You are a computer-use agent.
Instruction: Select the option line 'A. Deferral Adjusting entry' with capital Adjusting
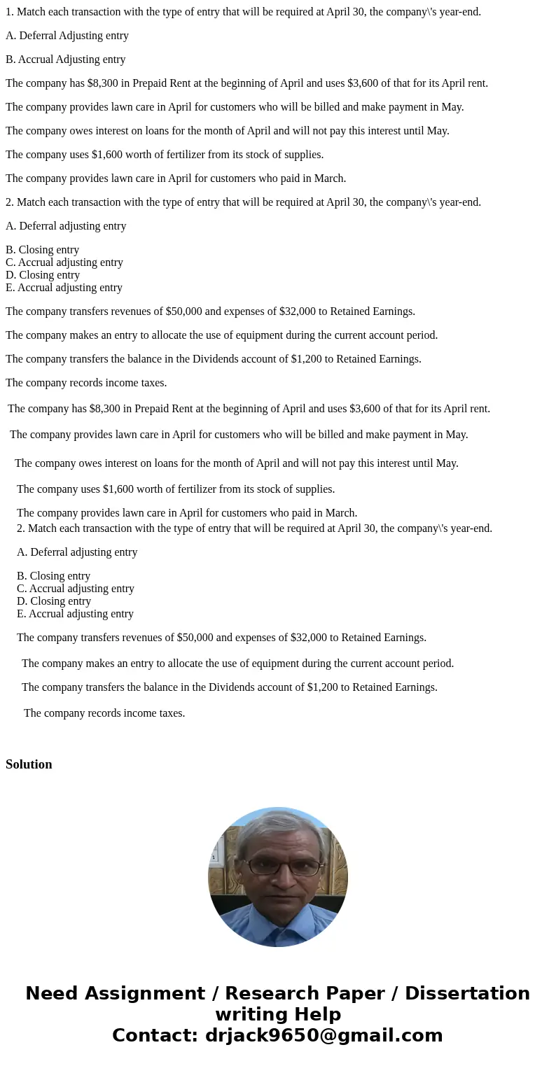(67, 36)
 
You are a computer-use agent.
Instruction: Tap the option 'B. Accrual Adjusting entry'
(66, 59)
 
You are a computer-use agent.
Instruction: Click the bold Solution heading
(29, 764)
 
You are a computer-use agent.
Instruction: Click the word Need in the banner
(53, 994)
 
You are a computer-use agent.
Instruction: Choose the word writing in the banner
(246, 1015)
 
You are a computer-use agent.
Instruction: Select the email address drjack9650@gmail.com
(324, 1036)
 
